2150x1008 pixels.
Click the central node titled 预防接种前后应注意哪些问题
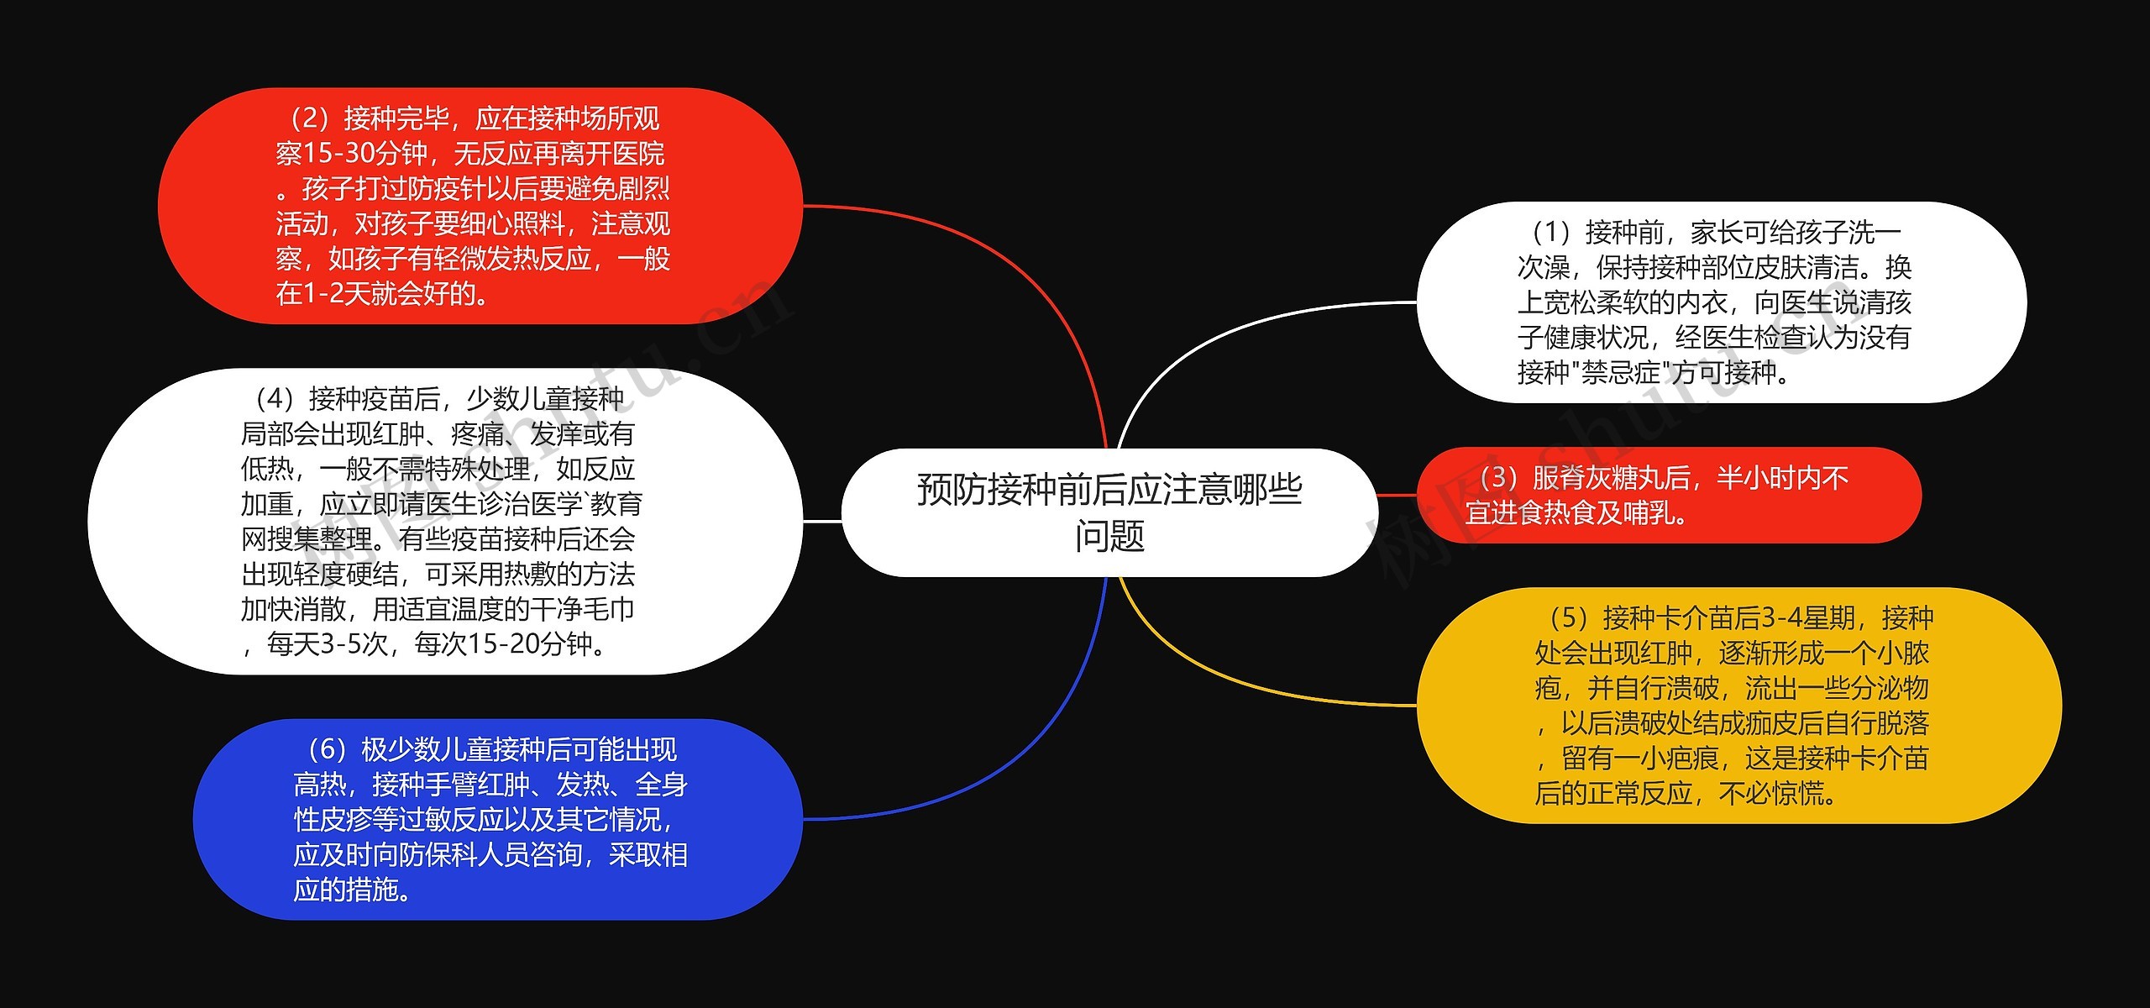tap(1109, 512)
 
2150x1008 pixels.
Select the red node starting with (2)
tap(480, 206)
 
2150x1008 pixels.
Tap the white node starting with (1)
tap(1721, 302)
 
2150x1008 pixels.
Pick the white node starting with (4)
tap(444, 521)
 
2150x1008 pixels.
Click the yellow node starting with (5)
tap(1738, 705)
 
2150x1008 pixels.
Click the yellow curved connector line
tap(1218, 672)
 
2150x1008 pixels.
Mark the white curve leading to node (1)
tap(1218, 336)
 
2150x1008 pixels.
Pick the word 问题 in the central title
tap(1109, 536)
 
